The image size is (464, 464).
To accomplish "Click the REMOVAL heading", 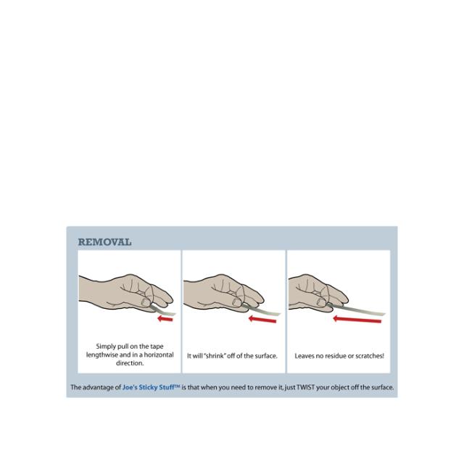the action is click(104, 242).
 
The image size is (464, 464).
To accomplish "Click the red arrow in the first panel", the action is click(165, 319).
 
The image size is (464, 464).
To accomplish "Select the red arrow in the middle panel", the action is click(262, 319).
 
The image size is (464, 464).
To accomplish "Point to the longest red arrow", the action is click(357, 320).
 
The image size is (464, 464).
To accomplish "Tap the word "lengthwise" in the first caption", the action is click(102, 355).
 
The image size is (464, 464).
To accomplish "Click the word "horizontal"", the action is click(159, 355).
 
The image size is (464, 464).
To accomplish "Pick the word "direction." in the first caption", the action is click(130, 363).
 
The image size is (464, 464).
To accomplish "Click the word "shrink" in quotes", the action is click(215, 356).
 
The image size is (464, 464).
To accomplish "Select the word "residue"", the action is click(336, 356).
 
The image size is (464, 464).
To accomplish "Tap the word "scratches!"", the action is click(370, 356).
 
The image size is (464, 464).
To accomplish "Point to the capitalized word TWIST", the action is click(305, 387).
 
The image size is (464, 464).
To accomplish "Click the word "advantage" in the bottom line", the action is click(99, 387).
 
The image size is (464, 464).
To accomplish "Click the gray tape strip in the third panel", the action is click(356, 310).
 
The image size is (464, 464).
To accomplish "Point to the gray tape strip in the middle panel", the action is click(261, 310).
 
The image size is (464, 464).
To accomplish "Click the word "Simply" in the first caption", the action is click(106, 347).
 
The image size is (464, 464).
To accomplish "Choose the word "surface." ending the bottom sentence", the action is click(382, 387).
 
